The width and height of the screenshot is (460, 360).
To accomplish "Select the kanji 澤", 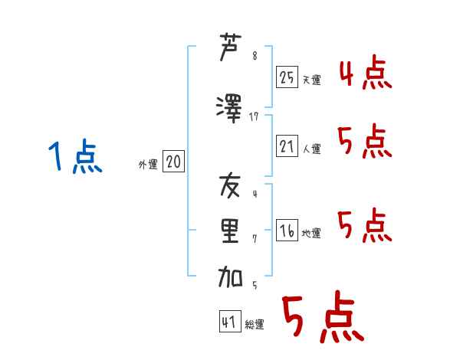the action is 230,108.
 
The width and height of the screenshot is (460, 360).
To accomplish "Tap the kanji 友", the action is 230,186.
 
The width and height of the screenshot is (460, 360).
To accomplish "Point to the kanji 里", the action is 230,231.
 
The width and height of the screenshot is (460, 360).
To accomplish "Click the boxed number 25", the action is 287,77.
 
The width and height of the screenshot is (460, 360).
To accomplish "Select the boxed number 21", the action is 287,146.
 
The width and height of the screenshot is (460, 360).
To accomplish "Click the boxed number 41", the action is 229,322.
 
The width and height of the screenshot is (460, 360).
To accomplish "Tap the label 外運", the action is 148,164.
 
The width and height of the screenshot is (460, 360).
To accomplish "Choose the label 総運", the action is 255,324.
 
